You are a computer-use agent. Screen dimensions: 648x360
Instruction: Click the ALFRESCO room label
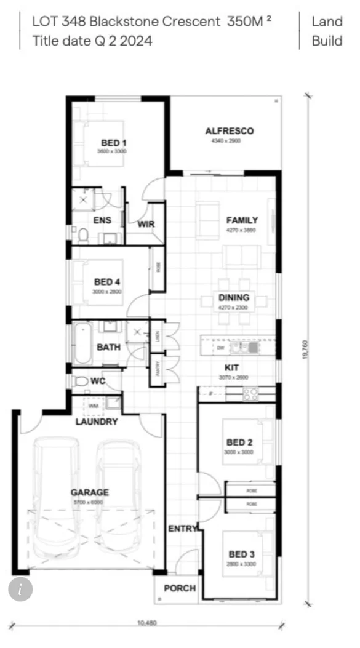pyautogui.click(x=229, y=131)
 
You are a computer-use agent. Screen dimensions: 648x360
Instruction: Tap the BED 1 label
pyautogui.click(x=114, y=143)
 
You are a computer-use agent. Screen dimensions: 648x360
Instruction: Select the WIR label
pyautogui.click(x=146, y=224)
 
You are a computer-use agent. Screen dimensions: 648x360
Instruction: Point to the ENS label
pyautogui.click(x=102, y=220)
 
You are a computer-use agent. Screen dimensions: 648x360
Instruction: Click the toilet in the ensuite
pyautogui.click(x=82, y=234)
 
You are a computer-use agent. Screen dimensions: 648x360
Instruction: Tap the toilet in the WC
pyautogui.click(x=80, y=382)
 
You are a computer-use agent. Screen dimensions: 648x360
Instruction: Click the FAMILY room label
pyautogui.click(x=242, y=220)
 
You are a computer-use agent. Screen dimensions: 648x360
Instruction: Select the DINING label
pyautogui.click(x=234, y=298)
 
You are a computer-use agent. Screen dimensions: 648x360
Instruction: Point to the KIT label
pyautogui.click(x=231, y=367)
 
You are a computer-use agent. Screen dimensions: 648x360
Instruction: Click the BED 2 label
pyautogui.click(x=240, y=442)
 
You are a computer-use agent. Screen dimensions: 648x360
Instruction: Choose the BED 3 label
pyautogui.click(x=241, y=554)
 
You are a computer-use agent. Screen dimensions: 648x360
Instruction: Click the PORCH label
pyautogui.click(x=180, y=588)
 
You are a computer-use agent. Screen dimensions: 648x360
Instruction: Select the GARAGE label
pyautogui.click(x=89, y=492)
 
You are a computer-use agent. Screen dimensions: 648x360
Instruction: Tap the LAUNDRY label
pyautogui.click(x=96, y=422)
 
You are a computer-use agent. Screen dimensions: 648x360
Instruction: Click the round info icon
pyautogui.click(x=20, y=589)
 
